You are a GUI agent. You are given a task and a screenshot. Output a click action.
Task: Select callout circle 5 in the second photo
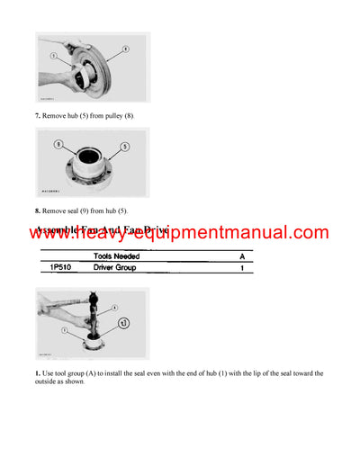coord(124,146)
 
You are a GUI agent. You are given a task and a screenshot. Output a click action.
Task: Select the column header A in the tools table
coord(241,256)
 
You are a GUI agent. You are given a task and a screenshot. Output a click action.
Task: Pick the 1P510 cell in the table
coord(55,268)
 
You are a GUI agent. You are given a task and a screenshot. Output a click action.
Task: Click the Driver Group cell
coord(120,268)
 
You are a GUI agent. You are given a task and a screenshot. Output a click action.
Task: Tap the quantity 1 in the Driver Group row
coord(241,268)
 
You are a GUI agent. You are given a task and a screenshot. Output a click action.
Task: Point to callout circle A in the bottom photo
coord(112,307)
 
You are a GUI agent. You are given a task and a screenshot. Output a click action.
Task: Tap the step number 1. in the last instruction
coord(39,372)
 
